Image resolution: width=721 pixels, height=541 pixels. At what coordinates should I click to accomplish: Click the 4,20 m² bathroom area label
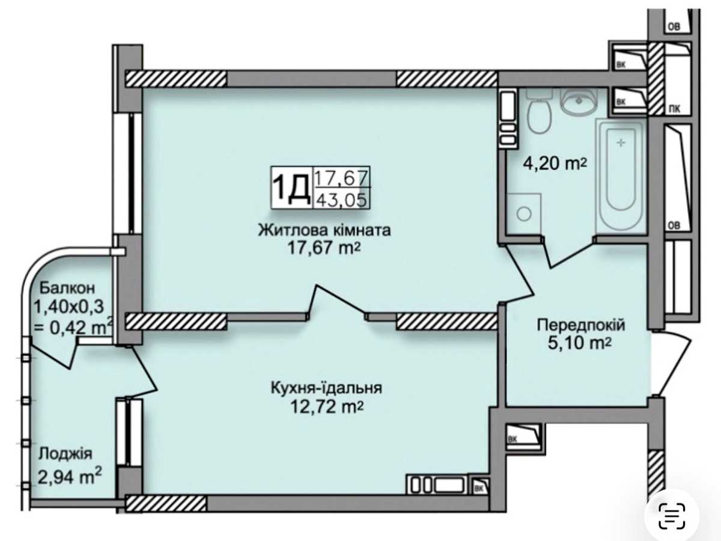pyautogui.click(x=555, y=164)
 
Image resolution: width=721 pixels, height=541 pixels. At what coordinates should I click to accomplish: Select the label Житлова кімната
pyautogui.click(x=324, y=230)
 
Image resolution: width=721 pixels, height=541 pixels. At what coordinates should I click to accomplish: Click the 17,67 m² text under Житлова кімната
pyautogui.click(x=324, y=248)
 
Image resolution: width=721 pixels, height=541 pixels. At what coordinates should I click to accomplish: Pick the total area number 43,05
pyautogui.click(x=342, y=200)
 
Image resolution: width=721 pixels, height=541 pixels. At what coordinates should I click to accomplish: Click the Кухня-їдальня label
pyautogui.click(x=326, y=388)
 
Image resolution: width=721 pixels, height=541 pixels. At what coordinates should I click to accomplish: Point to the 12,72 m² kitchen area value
pyautogui.click(x=327, y=408)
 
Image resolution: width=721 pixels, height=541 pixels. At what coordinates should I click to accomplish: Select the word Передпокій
pyautogui.click(x=581, y=325)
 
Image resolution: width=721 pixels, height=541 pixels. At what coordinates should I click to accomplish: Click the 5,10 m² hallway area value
pyautogui.click(x=579, y=344)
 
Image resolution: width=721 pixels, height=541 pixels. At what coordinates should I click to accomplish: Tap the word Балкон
pyautogui.click(x=67, y=288)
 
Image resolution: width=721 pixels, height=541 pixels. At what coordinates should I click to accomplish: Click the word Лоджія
pyautogui.click(x=65, y=454)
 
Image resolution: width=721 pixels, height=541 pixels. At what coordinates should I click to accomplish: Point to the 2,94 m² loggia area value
pyautogui.click(x=70, y=477)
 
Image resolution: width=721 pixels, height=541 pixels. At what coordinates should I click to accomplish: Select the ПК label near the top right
pyautogui.click(x=675, y=109)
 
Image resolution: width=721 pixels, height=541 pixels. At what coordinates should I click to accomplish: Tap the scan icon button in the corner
pyautogui.click(x=672, y=515)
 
